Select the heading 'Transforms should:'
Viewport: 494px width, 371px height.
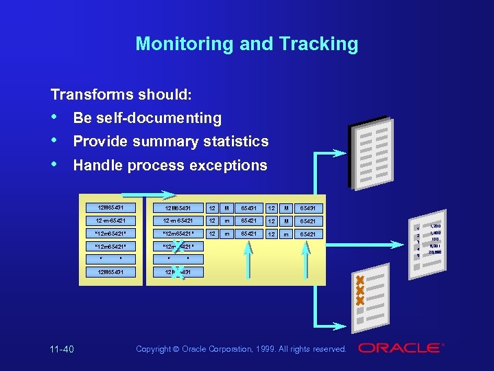click(121, 94)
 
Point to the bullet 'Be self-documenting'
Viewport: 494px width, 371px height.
click(147, 118)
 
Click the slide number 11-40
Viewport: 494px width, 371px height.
click(62, 350)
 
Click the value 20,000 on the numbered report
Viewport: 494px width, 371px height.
click(435, 252)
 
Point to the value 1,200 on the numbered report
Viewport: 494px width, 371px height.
click(435, 226)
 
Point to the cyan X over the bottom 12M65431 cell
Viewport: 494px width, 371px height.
click(178, 272)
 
